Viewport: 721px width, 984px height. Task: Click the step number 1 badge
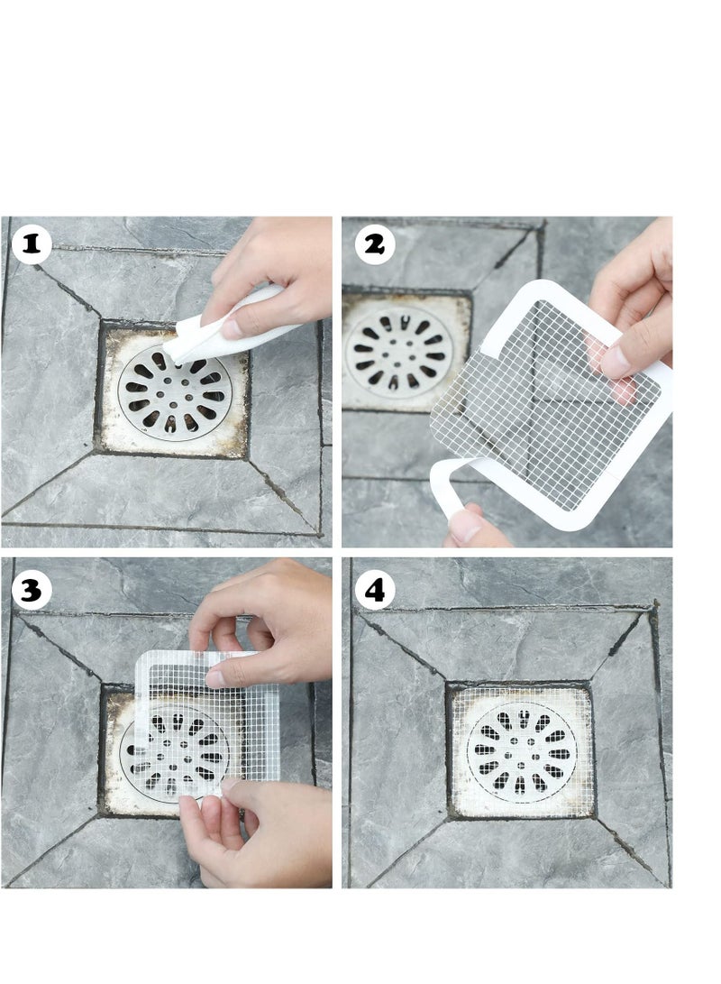pos(32,244)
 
